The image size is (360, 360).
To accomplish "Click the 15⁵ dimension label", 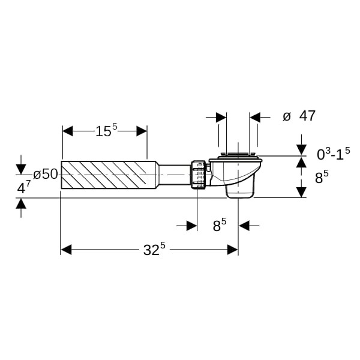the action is pyautogui.click(x=106, y=130).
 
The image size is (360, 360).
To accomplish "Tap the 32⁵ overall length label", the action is pyautogui.click(x=154, y=249).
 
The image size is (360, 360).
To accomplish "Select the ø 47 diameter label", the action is pyautogui.click(x=299, y=116).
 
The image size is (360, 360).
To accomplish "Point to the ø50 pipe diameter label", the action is pyautogui.click(x=46, y=174).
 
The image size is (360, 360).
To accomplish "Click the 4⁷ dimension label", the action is pyautogui.click(x=24, y=187).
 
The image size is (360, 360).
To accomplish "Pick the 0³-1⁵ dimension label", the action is pyautogui.click(x=334, y=154).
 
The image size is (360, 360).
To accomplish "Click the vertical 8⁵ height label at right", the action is pyautogui.click(x=322, y=177).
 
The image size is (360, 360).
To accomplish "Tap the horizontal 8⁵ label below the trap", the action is pyautogui.click(x=220, y=225).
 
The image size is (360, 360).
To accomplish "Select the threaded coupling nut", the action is pyautogui.click(x=198, y=175).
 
